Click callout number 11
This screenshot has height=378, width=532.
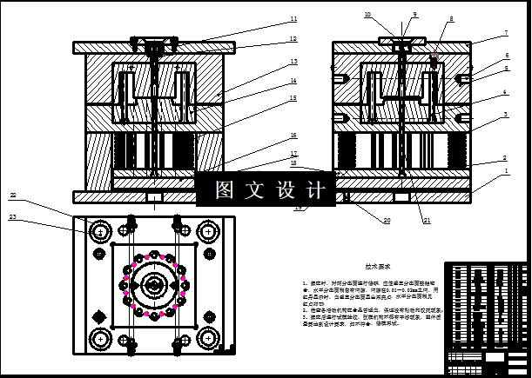(293, 18)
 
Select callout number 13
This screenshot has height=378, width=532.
(293, 62)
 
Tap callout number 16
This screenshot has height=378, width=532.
(293, 136)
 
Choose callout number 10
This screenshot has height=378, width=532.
(367, 15)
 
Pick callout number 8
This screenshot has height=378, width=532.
(451, 18)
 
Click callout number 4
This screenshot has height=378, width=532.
(504, 93)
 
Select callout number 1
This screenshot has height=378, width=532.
(504, 172)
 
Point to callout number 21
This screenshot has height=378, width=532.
(427, 220)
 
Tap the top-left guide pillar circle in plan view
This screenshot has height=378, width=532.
(100, 232)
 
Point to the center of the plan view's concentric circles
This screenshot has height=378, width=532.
(154, 284)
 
